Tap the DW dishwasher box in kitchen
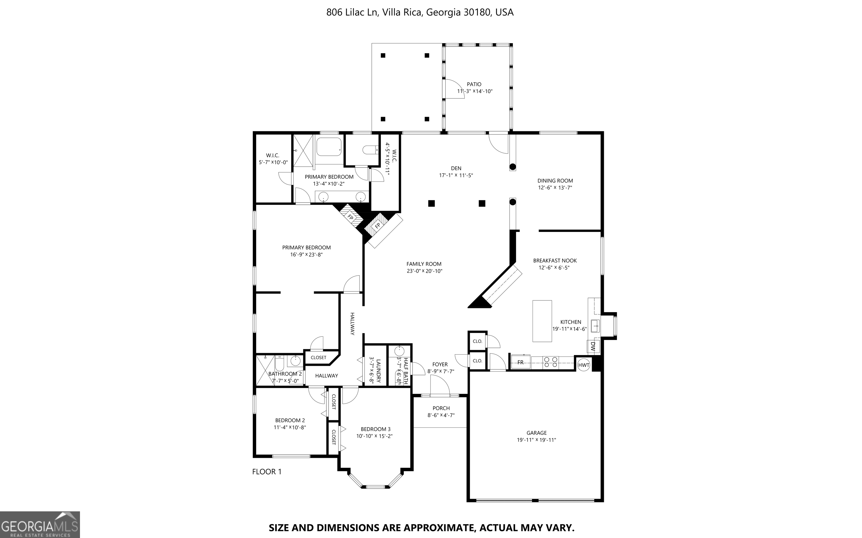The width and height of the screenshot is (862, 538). tap(593, 347)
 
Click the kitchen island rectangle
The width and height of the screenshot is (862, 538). tap(542, 321)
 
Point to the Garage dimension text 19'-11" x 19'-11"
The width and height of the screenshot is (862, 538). tap(536, 440)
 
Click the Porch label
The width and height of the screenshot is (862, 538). tap(441, 408)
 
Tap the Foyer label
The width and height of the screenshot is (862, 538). tap(440, 364)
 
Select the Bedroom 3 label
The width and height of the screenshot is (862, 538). tap(375, 429)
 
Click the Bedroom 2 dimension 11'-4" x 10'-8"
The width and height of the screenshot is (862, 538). tap(290, 427)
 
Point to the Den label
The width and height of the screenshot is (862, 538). tap(456, 168)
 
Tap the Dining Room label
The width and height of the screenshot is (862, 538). tap(555, 181)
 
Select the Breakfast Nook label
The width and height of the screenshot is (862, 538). tap(554, 261)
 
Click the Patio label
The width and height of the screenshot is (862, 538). tap(474, 84)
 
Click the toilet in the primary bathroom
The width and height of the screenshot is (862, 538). tap(370, 150)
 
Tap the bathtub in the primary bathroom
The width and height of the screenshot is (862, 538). tap(329, 147)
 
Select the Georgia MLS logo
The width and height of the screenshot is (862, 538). tap(40, 525)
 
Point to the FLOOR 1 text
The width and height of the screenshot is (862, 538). tap(267, 472)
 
